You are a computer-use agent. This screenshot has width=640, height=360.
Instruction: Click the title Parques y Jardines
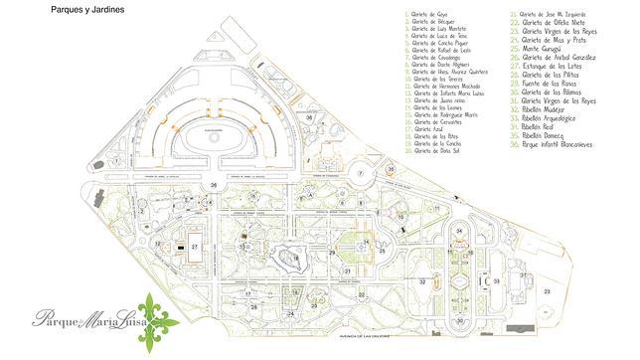[81, 7]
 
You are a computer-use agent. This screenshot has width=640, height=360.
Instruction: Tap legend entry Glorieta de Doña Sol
[435, 153]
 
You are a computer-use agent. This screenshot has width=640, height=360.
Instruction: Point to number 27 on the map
[196, 246]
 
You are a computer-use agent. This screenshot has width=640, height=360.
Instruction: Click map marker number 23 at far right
[547, 290]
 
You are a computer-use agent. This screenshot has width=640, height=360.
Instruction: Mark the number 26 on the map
[214, 185]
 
